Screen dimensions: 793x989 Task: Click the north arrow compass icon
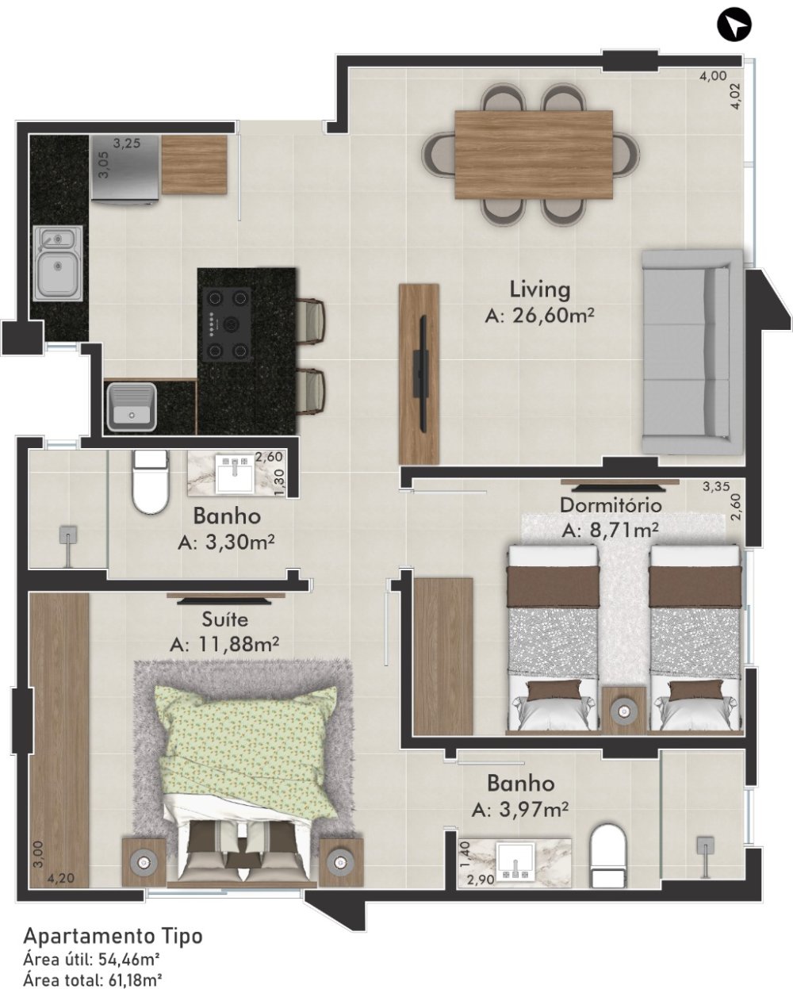point(734,24)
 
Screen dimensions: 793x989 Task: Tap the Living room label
point(540,290)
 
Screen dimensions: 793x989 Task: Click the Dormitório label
point(611,505)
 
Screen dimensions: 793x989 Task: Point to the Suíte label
point(225,619)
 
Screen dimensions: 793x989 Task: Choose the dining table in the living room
point(534,155)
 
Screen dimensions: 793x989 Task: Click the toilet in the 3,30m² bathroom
point(150,481)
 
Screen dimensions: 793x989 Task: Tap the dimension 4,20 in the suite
point(60,878)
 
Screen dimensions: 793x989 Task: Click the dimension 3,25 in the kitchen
point(127,144)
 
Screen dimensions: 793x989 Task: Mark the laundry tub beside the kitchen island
point(132,406)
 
